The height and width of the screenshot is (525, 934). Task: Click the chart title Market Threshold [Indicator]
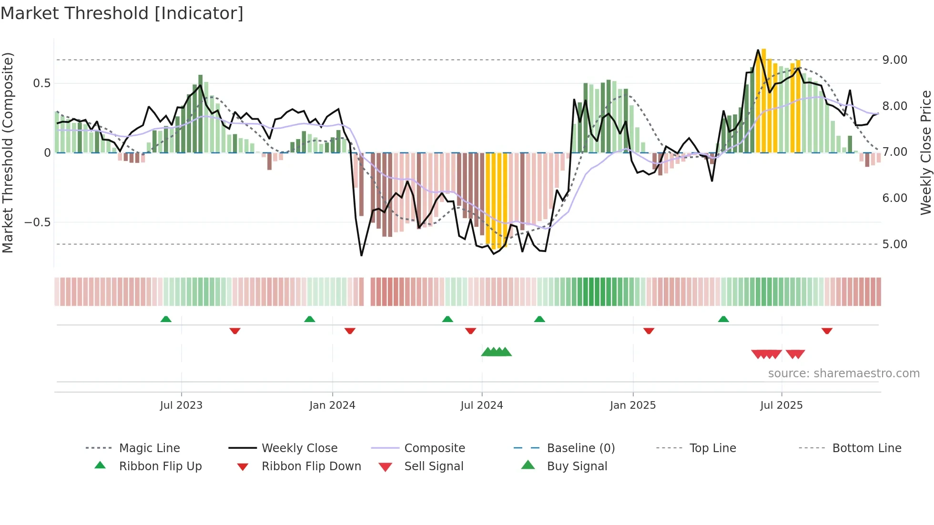pos(122,13)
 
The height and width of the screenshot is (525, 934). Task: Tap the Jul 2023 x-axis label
pos(181,405)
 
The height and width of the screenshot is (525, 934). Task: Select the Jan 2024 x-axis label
pos(332,405)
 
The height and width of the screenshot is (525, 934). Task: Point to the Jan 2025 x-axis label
pos(633,405)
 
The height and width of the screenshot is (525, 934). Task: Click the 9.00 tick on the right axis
pos(894,60)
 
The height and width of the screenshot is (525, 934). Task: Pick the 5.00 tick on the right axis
pos(894,244)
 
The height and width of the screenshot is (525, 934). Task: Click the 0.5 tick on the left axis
pos(41,83)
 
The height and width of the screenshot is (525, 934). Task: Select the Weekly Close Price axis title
pos(925,152)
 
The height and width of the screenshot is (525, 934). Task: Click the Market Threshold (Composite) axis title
pos(8,152)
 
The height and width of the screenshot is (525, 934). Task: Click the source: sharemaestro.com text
pos(843,374)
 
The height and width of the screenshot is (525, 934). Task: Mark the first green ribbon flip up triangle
pos(166,319)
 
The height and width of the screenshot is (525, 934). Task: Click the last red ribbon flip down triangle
pos(827,331)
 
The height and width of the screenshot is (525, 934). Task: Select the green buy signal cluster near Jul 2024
pos(496,352)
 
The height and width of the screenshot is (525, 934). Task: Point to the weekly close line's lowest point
pos(361,256)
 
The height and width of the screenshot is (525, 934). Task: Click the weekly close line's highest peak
pos(758,50)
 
